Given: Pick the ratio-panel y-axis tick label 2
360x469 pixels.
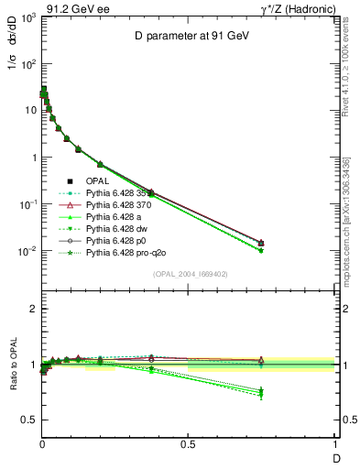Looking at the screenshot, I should [x=31, y=310].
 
